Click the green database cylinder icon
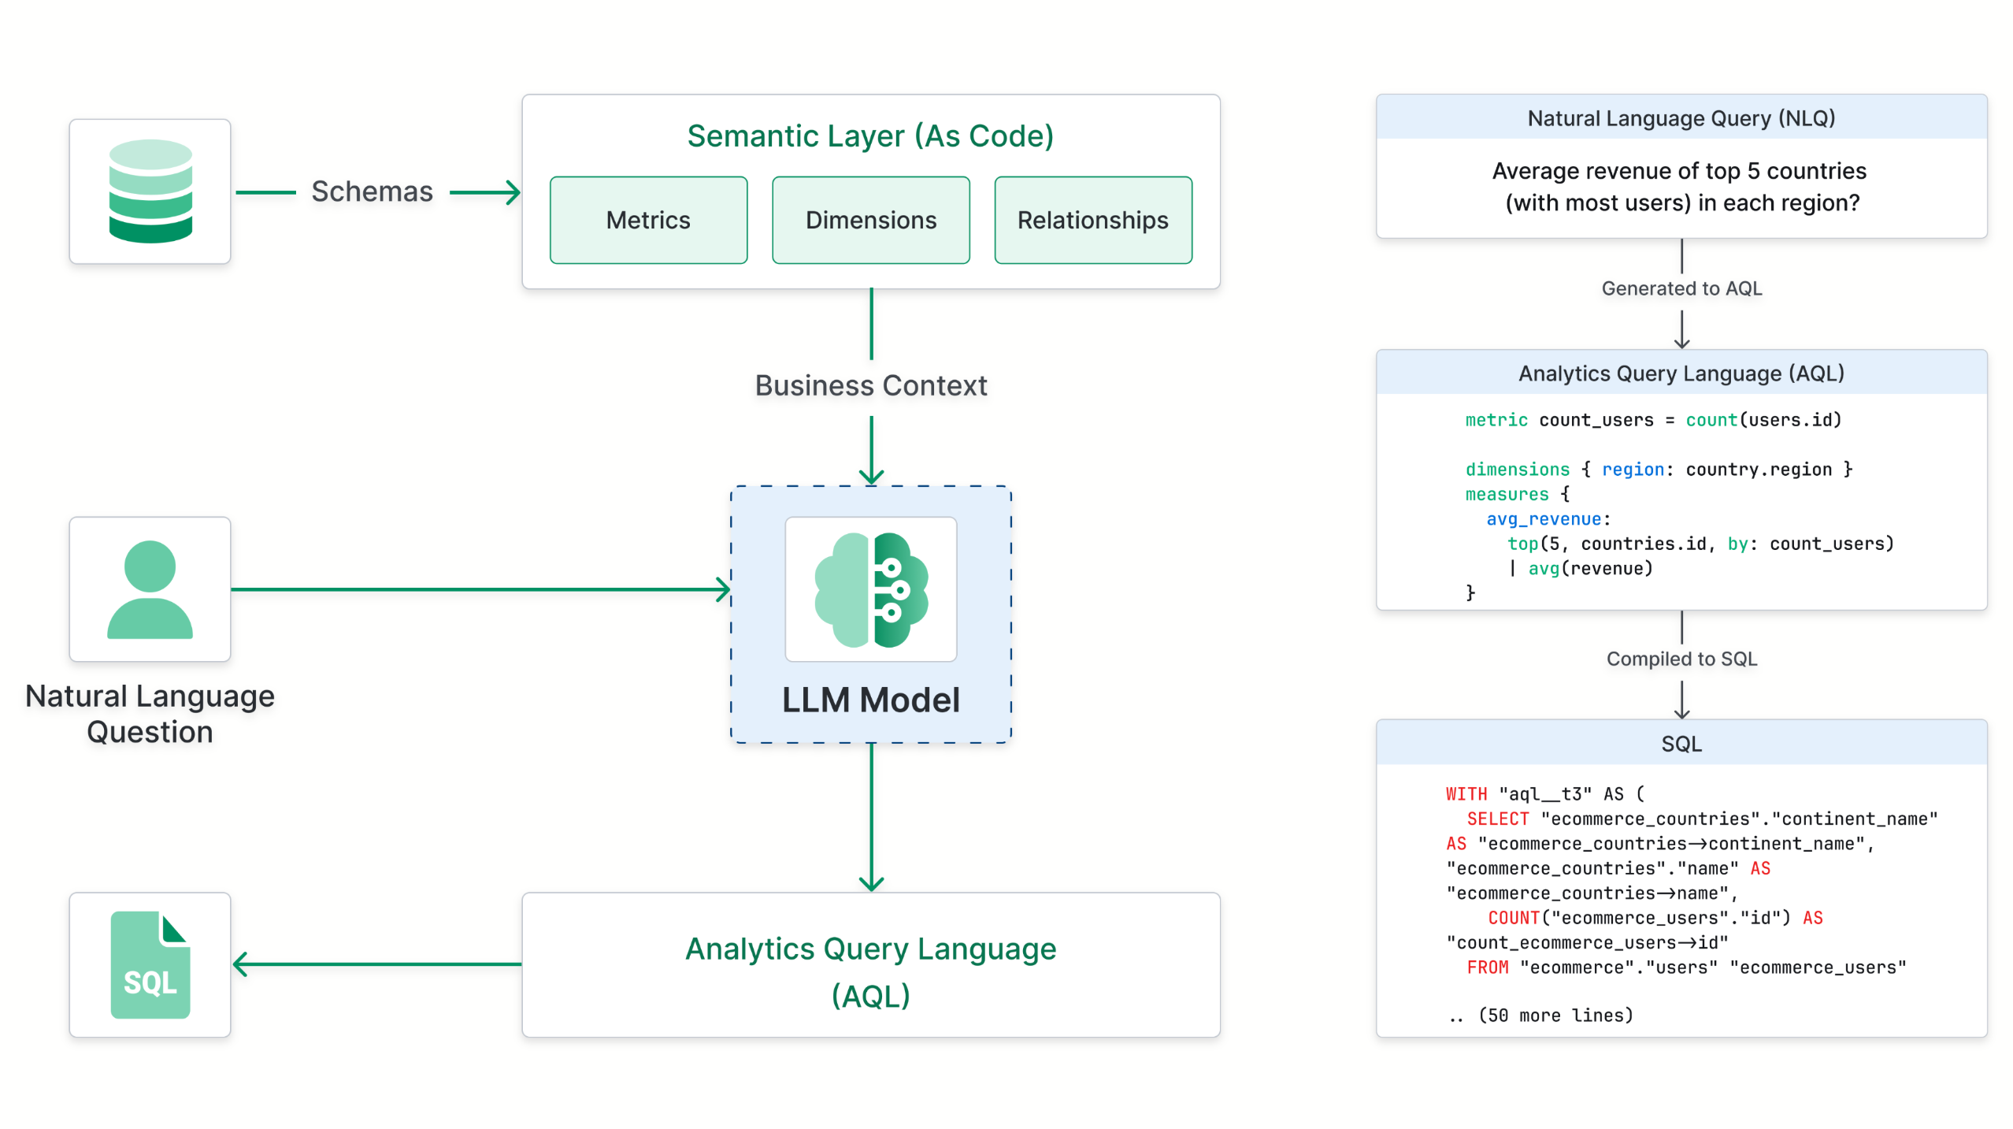(x=150, y=191)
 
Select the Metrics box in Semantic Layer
(x=647, y=220)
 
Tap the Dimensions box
(x=870, y=220)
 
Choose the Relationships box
(x=1092, y=220)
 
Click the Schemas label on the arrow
(x=372, y=191)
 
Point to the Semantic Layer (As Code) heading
(x=870, y=136)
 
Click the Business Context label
(x=870, y=385)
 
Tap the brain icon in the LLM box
(x=870, y=589)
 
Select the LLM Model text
(x=870, y=700)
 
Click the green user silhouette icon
(x=150, y=589)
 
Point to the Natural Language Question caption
(x=150, y=714)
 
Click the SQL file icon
(x=150, y=964)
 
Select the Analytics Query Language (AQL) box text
(x=870, y=971)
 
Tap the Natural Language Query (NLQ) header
(x=1681, y=118)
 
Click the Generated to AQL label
(x=1681, y=288)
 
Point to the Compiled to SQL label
(x=1681, y=659)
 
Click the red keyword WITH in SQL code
(x=1466, y=794)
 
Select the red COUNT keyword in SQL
(x=1513, y=918)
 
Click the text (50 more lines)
(x=1555, y=1016)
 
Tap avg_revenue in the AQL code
(x=1543, y=519)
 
